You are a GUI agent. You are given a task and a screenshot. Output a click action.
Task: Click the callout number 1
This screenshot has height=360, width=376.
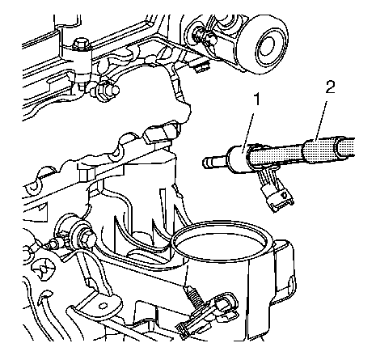tap(258, 100)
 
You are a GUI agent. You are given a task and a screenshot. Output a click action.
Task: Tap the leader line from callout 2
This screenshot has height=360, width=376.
tap(321, 120)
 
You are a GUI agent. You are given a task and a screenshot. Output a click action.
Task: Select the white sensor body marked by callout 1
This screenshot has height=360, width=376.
tap(239, 159)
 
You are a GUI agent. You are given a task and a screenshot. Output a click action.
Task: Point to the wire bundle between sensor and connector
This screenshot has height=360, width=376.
tap(264, 178)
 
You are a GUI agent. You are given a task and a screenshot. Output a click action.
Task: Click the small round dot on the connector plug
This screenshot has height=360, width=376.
tap(285, 194)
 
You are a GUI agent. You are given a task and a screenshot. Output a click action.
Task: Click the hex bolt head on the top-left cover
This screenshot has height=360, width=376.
tap(81, 44)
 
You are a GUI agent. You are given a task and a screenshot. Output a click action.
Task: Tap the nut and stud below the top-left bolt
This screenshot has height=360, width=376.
tap(107, 91)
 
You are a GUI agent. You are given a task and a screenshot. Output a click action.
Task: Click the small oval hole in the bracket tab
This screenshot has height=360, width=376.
tap(102, 306)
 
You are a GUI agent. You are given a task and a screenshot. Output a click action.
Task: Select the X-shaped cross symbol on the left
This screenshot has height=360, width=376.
tap(42, 269)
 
